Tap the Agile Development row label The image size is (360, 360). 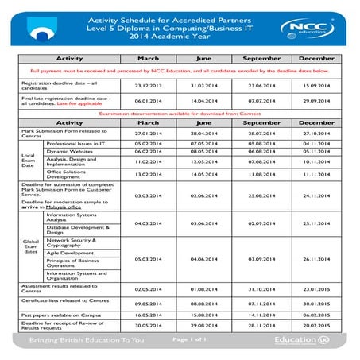point(71,253)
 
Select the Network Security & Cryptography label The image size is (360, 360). point(76,241)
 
